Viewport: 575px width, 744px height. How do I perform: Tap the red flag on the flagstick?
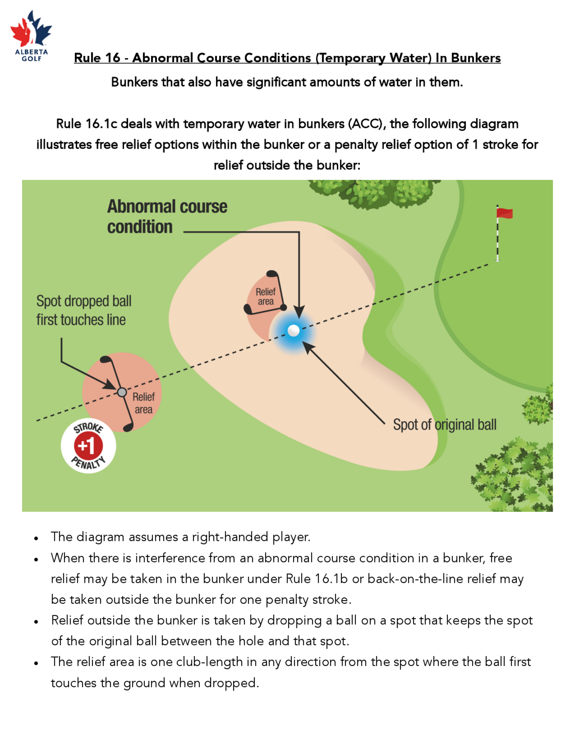coord(505,213)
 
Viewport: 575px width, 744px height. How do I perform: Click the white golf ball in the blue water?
coord(293,330)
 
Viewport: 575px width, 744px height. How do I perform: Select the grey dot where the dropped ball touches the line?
coord(122,392)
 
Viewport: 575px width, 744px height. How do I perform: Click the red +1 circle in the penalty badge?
coord(88,446)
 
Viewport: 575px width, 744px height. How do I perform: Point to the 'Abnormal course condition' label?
coord(167,217)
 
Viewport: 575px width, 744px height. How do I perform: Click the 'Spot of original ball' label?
coord(444,425)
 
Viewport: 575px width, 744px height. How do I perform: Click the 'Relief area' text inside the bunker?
coord(266,296)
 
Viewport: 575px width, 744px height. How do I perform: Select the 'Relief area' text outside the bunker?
coord(143,403)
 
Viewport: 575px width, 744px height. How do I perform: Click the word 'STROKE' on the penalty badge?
coord(89,428)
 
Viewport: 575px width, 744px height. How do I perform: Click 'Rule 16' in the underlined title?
coord(97,58)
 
